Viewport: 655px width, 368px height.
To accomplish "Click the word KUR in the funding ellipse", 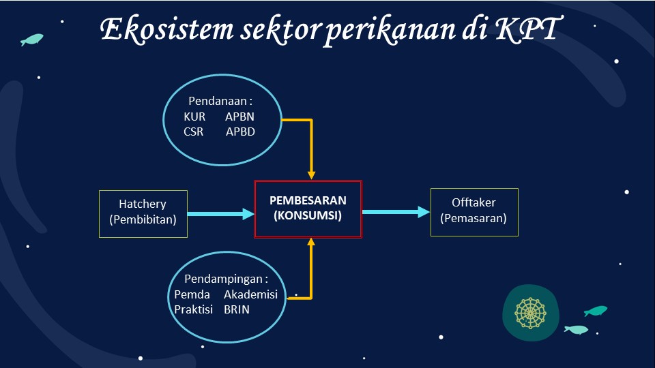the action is pyautogui.click(x=194, y=117).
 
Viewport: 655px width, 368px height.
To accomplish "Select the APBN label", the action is pyautogui.click(x=239, y=117).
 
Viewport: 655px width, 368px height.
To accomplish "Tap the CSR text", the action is pyautogui.click(x=193, y=132).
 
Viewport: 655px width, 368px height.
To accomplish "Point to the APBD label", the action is pyautogui.click(x=240, y=132).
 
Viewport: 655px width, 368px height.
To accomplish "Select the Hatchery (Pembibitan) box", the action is pyautogui.click(x=143, y=214).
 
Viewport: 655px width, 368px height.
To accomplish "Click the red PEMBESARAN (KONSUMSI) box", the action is pyautogui.click(x=308, y=209).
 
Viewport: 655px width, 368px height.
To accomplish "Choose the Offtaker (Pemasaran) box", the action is pyautogui.click(x=474, y=212).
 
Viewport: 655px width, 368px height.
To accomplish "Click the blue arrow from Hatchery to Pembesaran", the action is pyautogui.click(x=220, y=214).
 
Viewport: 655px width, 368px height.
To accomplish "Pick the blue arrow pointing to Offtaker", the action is pyautogui.click(x=396, y=212).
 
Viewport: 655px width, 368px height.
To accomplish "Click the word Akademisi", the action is pyautogui.click(x=250, y=294).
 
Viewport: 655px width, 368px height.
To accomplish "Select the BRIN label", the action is pyautogui.click(x=237, y=309).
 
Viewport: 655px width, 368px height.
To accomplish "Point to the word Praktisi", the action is pyautogui.click(x=193, y=309).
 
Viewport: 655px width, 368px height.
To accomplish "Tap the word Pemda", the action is pyautogui.click(x=192, y=294).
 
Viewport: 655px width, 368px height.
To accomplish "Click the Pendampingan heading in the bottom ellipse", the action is pyautogui.click(x=226, y=279).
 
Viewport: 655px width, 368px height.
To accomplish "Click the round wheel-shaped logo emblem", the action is pyautogui.click(x=531, y=313).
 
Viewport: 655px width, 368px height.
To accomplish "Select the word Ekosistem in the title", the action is pyautogui.click(x=167, y=30).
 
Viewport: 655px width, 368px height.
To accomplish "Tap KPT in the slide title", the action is pyautogui.click(x=528, y=29).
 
